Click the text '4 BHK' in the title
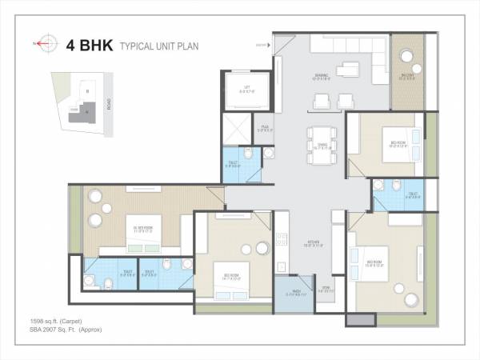point(90,45)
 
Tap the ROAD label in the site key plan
point(108,106)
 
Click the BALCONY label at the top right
point(409,78)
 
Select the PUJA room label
point(264,127)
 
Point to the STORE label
point(326,290)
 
